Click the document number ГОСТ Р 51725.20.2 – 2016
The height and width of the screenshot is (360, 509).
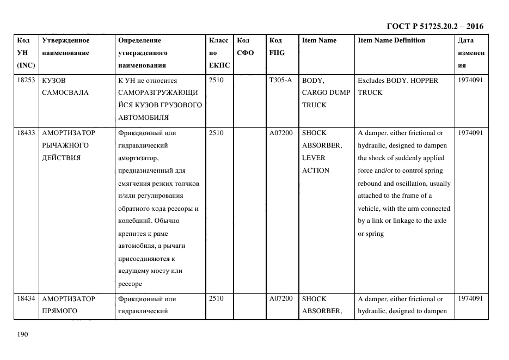tap(434, 26)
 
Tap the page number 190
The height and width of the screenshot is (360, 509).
tap(22, 334)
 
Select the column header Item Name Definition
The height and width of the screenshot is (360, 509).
tap(391, 40)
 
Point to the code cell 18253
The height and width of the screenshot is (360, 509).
tap(26, 80)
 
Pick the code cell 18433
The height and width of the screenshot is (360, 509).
tap(26, 133)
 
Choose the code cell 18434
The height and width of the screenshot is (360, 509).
tap(26, 299)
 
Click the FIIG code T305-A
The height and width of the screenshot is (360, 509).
tap(280, 80)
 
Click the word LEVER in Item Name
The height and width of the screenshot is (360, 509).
tap(313, 158)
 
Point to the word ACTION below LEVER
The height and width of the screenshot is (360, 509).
tap(315, 170)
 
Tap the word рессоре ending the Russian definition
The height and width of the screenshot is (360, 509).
tap(130, 284)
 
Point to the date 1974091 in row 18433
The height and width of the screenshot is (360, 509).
tap(470, 133)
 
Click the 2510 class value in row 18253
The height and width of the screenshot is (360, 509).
tap(216, 80)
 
